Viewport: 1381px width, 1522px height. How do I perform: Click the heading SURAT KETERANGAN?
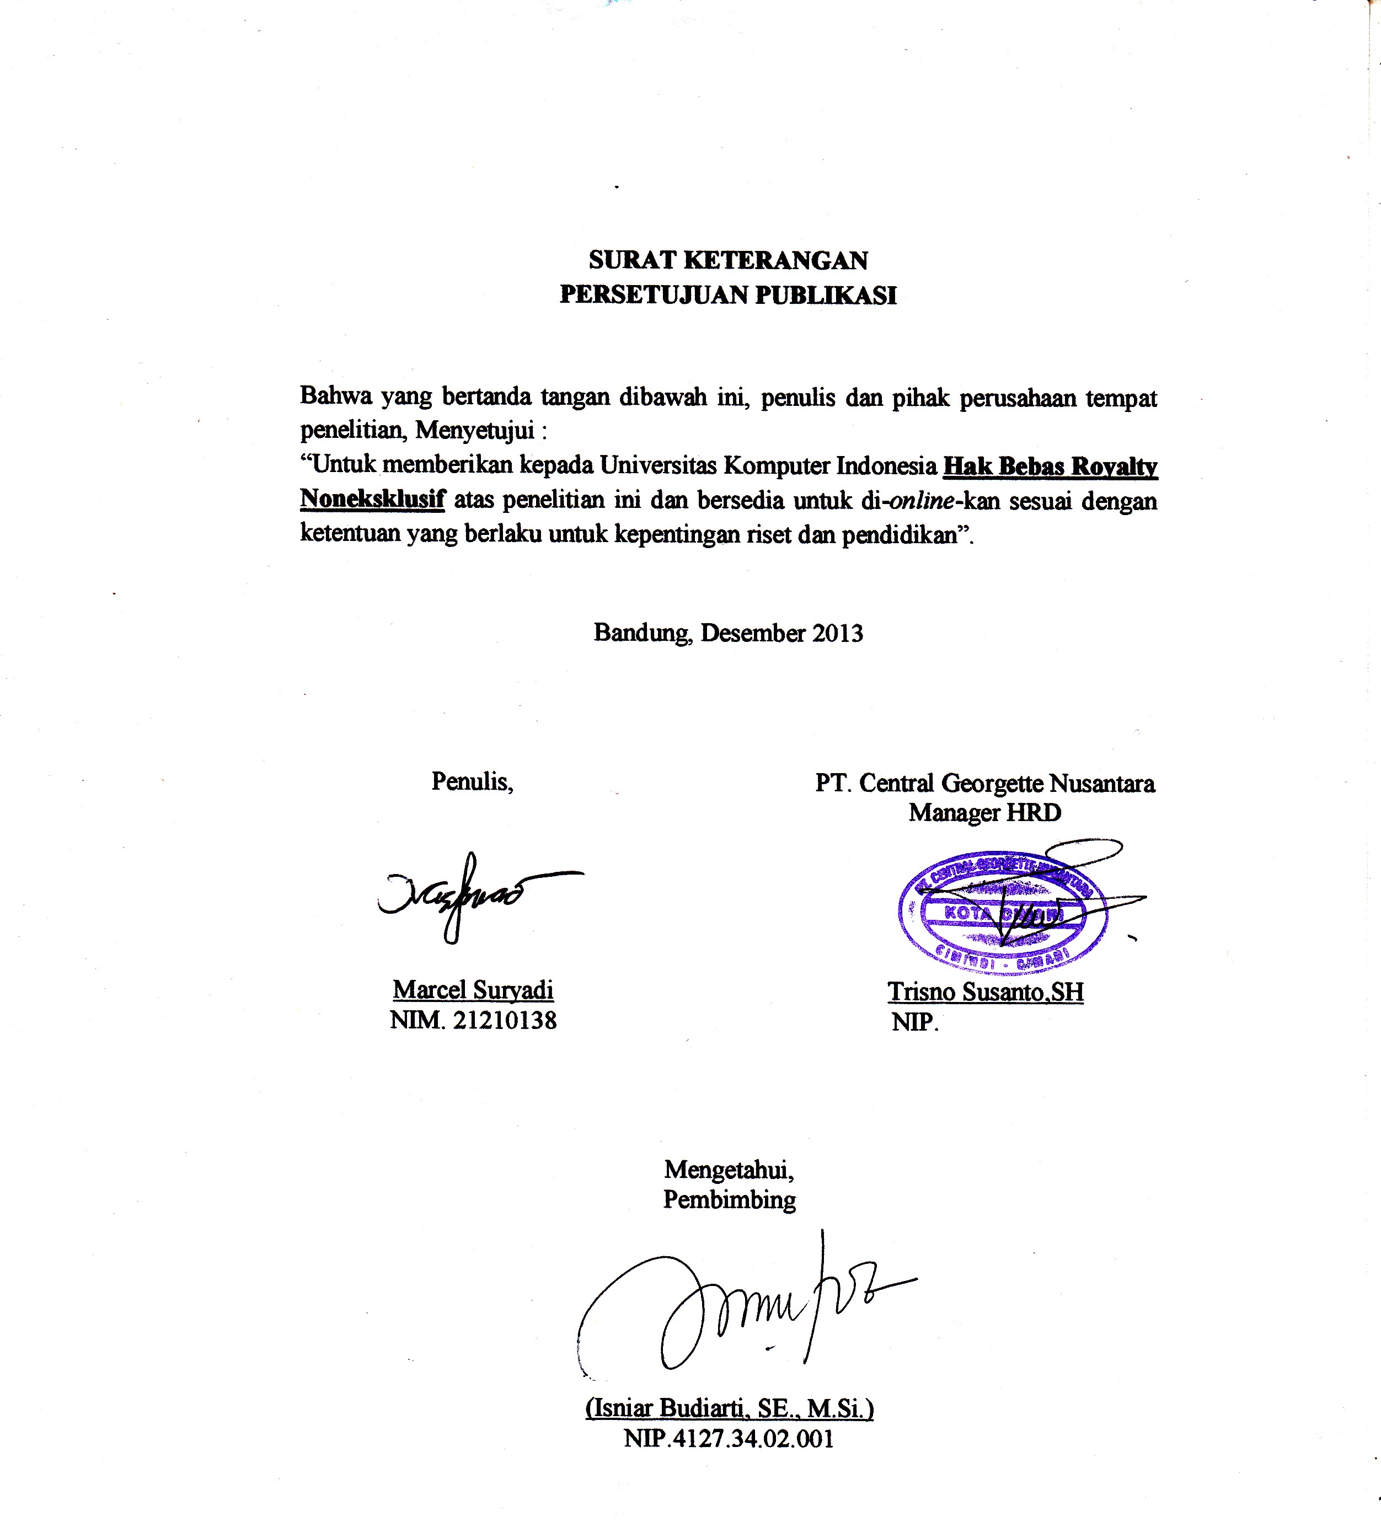point(728,260)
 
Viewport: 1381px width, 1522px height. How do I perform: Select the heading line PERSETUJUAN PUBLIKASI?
point(728,295)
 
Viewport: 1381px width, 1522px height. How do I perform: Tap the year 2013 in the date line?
point(837,633)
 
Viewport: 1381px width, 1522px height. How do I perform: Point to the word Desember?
point(753,633)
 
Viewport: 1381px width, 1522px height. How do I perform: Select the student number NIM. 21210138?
point(473,1020)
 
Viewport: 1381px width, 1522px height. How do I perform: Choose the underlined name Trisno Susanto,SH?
point(986,992)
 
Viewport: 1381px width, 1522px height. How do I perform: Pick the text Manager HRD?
point(984,812)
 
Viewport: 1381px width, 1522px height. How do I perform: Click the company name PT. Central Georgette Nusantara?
point(984,783)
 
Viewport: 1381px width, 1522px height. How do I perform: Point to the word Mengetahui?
point(729,1170)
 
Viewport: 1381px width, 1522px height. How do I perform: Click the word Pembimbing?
point(730,1199)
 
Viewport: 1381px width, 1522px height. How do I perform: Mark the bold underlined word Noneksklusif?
point(372,499)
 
